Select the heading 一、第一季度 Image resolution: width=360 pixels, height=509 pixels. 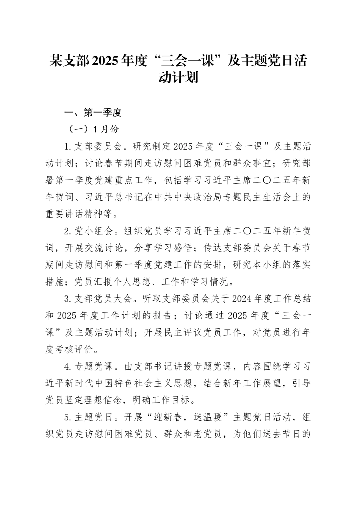click(93, 112)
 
